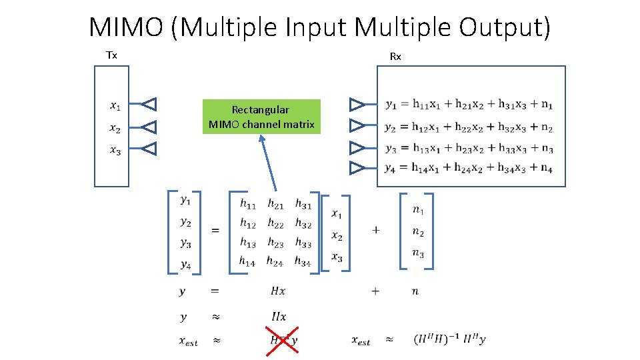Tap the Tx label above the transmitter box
click(x=112, y=55)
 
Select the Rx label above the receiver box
click(x=395, y=57)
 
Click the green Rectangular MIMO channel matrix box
click(x=261, y=117)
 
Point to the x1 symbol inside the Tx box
click(x=115, y=105)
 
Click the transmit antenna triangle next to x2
click(x=150, y=127)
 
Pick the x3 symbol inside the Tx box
click(x=115, y=151)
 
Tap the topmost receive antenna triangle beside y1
click(x=358, y=104)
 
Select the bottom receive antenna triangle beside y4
click(x=358, y=168)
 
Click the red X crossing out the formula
click(x=282, y=340)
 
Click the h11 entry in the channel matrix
click(x=248, y=205)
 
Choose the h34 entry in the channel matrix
click(x=303, y=261)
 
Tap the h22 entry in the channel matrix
click(x=275, y=224)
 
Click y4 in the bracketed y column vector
click(x=185, y=265)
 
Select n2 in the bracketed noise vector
click(x=418, y=231)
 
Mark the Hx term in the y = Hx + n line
click(x=278, y=291)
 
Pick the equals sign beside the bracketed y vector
click(x=215, y=231)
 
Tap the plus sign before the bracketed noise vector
click(x=376, y=230)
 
